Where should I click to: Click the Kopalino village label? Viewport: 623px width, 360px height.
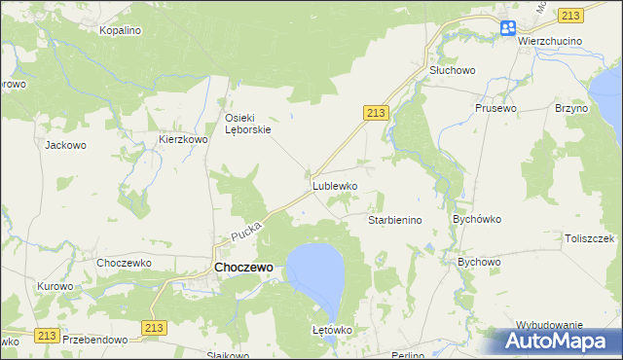pyautogui.click(x=121, y=30)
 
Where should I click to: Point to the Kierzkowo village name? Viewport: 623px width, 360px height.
pyautogui.click(x=184, y=140)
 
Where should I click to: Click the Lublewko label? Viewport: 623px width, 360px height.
pyautogui.click(x=335, y=185)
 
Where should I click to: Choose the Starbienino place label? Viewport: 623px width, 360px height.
pyautogui.click(x=394, y=221)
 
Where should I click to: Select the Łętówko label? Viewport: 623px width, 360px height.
pyautogui.click(x=331, y=330)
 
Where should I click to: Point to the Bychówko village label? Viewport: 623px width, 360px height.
pyautogui.click(x=476, y=220)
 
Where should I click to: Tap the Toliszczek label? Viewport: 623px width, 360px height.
pyautogui.click(x=590, y=238)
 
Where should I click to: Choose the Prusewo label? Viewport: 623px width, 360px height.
pyautogui.click(x=494, y=108)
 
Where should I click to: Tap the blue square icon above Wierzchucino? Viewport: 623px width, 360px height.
pyautogui.click(x=508, y=28)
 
